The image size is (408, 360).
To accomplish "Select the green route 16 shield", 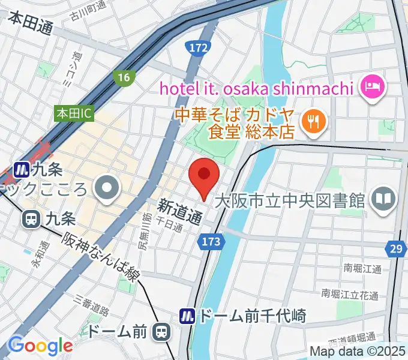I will click(124, 77).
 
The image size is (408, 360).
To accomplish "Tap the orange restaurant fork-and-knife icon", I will click(313, 122).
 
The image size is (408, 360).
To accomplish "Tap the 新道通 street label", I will click(179, 212).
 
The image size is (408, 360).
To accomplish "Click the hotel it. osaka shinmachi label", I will click(254, 89).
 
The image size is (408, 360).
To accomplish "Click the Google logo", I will click(40, 346).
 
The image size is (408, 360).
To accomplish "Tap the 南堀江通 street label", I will click(359, 269).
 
